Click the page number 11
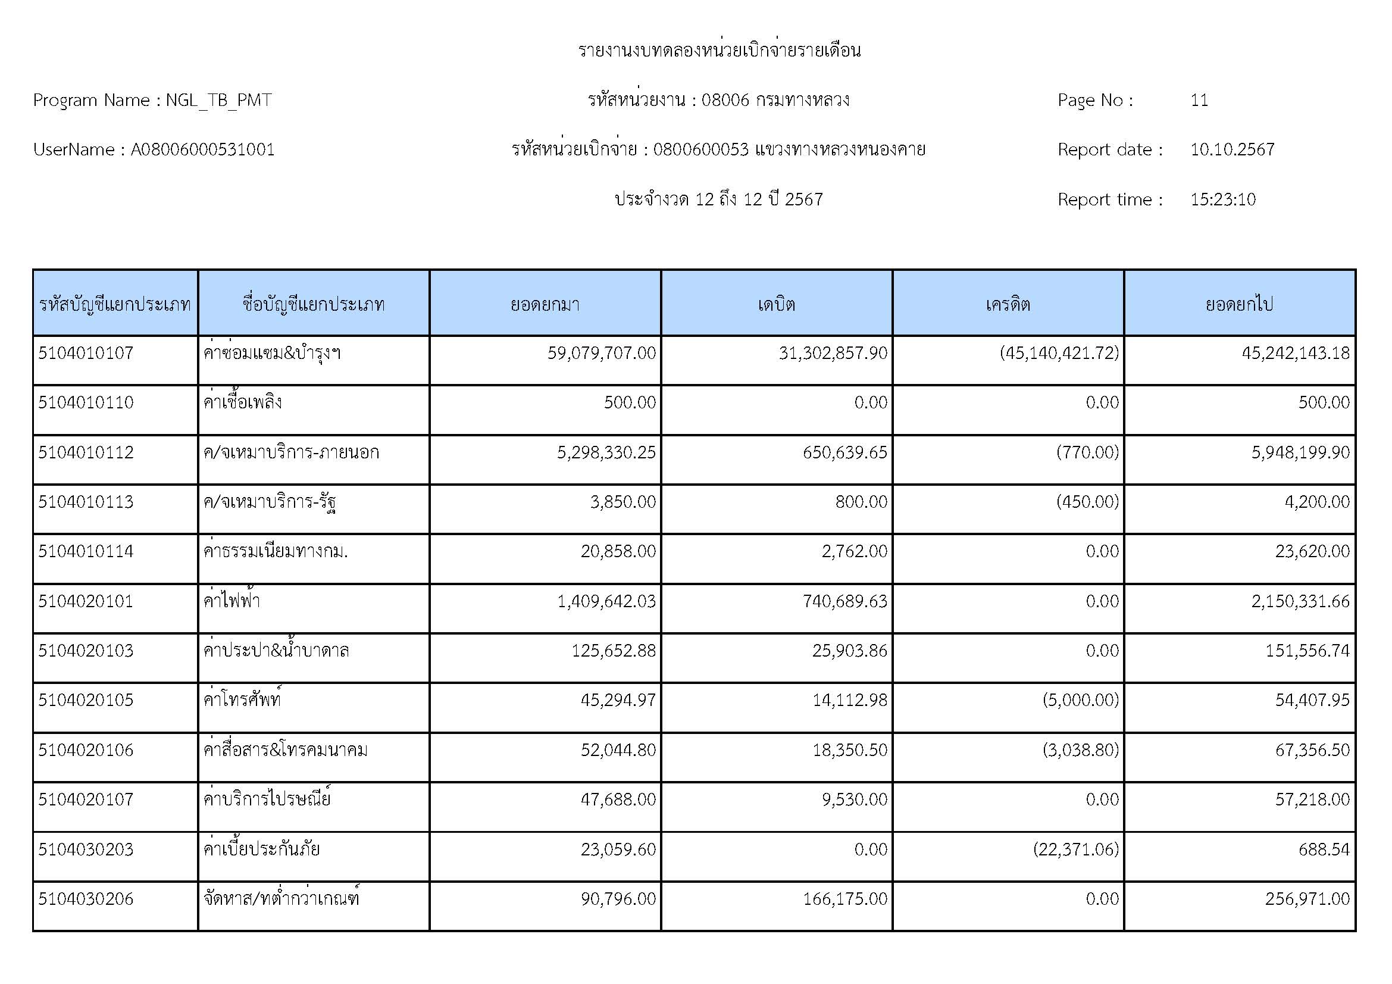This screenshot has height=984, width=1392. pos(1199,100)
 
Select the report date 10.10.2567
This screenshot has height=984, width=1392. pos(1232,150)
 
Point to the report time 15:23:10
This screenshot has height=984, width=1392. pos(1222,199)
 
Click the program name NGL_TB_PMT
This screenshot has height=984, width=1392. pos(218,100)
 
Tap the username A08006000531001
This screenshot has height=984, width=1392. pos(202,150)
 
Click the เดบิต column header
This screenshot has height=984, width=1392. pos(776,304)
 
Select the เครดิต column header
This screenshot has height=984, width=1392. pos(1008,304)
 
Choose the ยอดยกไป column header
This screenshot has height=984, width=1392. pos(1238,304)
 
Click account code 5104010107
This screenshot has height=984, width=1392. pos(86,353)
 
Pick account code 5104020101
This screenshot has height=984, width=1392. pos(86,601)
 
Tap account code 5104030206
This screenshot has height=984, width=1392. pos(86,899)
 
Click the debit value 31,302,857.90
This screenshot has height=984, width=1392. pos(833,353)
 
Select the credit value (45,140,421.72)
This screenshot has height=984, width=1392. pos(1059,353)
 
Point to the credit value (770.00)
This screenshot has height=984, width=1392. pos(1087,452)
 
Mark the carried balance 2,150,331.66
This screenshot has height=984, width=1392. pos(1300,601)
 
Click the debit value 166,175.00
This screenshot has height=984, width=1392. pos(844,899)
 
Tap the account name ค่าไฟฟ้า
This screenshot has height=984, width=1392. pos(232,601)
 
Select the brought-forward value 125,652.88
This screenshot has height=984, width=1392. pos(613,651)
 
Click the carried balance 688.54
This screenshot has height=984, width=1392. pos(1324,849)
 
